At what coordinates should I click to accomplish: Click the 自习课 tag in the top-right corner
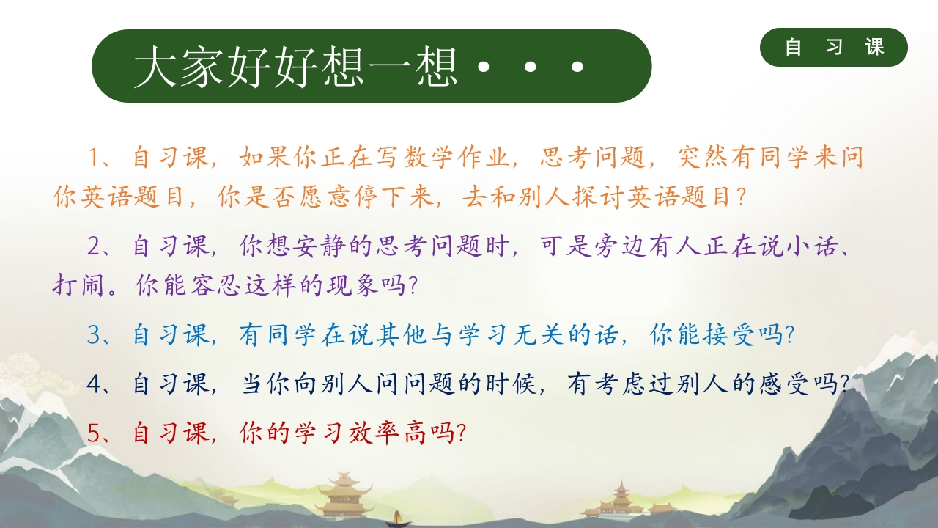tap(834, 47)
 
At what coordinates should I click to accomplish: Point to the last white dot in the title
tap(577, 66)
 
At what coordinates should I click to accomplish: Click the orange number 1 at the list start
tap(94, 158)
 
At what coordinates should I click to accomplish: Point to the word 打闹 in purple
tap(78, 285)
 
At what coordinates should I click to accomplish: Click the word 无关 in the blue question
tap(539, 335)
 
